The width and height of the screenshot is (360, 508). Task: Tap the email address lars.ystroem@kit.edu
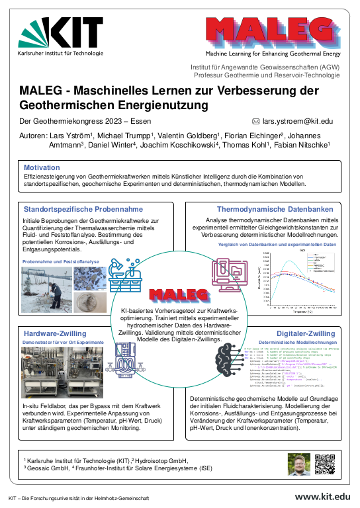coord(298,122)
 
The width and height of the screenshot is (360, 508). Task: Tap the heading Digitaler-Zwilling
coord(310,333)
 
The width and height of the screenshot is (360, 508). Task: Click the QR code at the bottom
coord(326,464)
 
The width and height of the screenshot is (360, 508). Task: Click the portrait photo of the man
coord(298,464)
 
